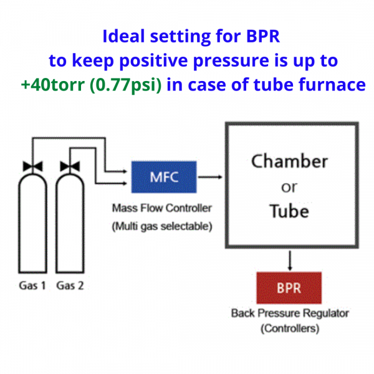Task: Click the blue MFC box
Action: click(x=163, y=176)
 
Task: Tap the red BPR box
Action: click(x=289, y=287)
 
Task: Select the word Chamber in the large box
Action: click(x=289, y=161)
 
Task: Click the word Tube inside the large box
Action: click(x=289, y=211)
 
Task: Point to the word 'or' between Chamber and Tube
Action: click(x=289, y=187)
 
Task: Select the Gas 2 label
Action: click(x=69, y=285)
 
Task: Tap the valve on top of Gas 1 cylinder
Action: click(x=29, y=166)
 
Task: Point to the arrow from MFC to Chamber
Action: click(x=211, y=176)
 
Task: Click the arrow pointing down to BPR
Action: click(x=289, y=257)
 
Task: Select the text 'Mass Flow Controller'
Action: click(x=162, y=208)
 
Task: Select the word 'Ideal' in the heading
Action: click(x=125, y=36)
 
